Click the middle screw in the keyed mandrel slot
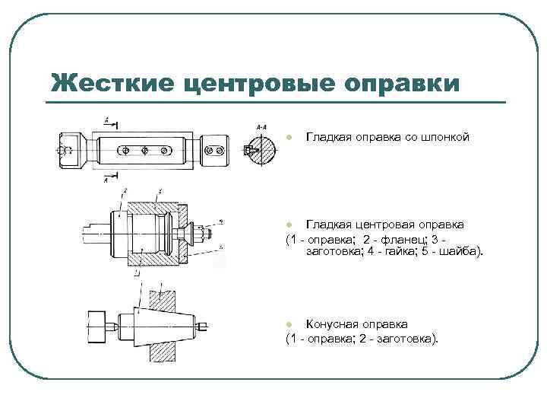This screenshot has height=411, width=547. click(x=145, y=150)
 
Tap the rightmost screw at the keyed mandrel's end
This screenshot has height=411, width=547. click(x=220, y=150)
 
